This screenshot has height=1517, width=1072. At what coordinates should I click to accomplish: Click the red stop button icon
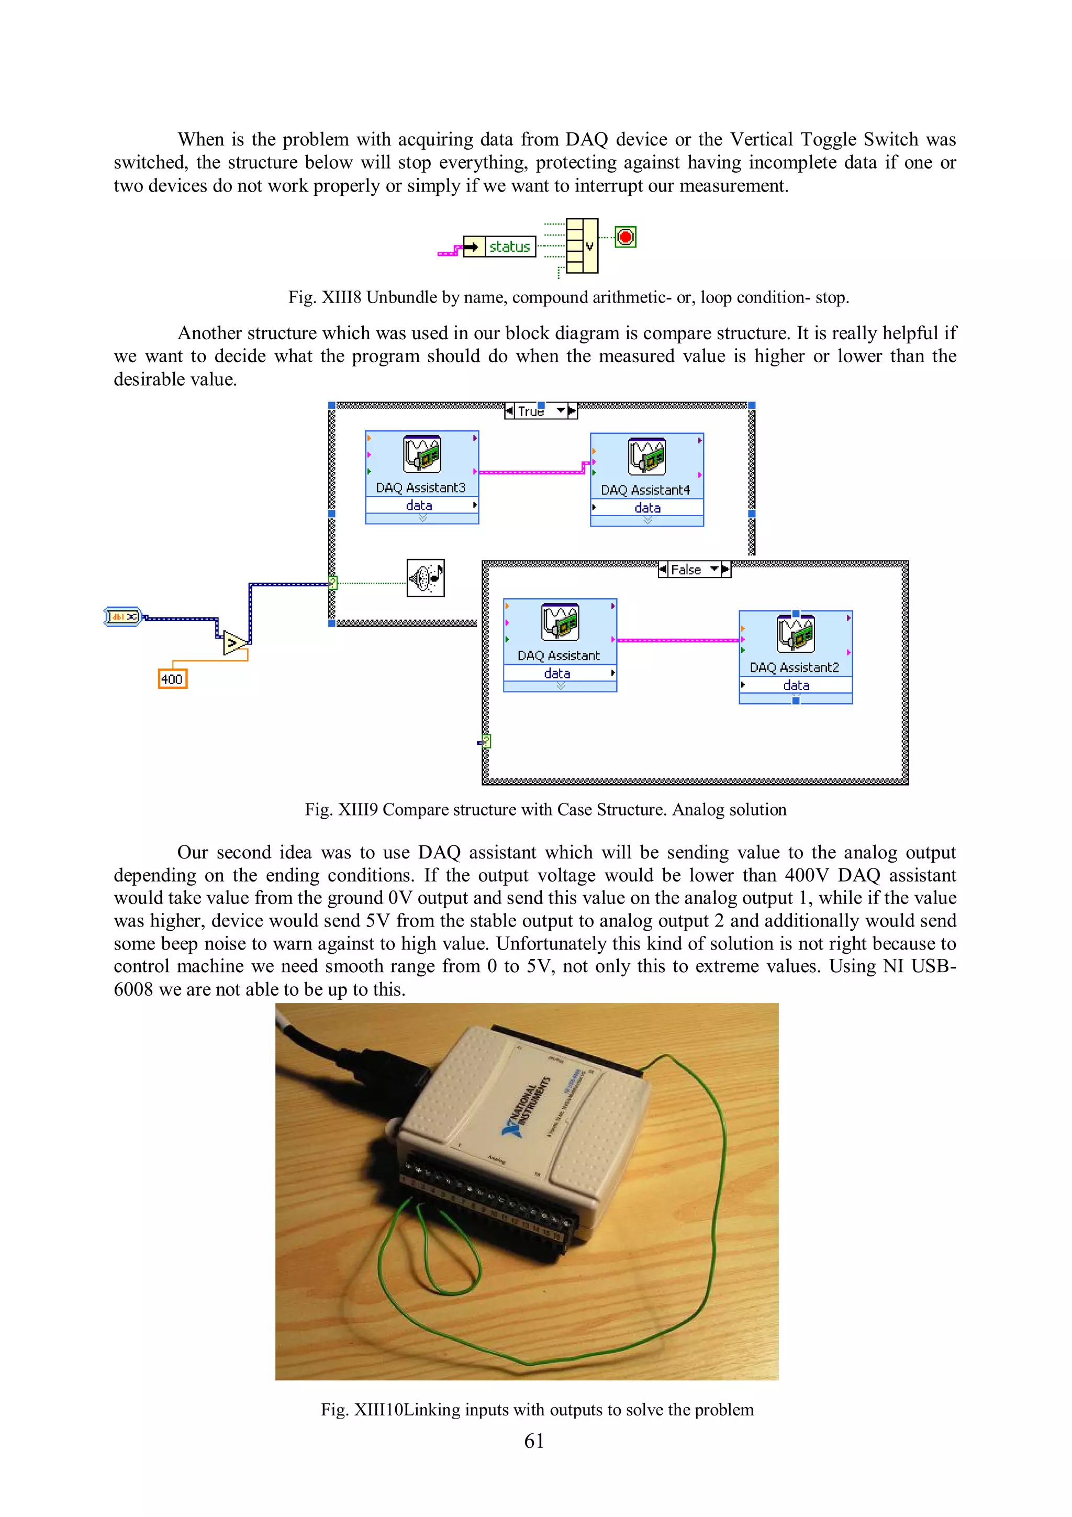(x=625, y=237)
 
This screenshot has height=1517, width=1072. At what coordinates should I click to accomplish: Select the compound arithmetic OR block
(x=582, y=246)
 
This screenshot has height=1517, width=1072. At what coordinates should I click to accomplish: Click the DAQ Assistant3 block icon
(x=422, y=454)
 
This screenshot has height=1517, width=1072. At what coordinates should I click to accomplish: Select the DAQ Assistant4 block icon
(x=646, y=456)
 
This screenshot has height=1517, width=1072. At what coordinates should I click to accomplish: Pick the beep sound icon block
(x=426, y=578)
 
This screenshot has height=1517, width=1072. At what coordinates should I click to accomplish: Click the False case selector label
(x=686, y=570)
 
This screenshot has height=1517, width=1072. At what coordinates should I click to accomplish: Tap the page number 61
(x=534, y=1441)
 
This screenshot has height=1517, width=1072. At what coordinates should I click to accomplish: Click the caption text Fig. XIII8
(x=325, y=297)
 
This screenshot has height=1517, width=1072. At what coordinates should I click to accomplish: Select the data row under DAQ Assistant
(x=558, y=673)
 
